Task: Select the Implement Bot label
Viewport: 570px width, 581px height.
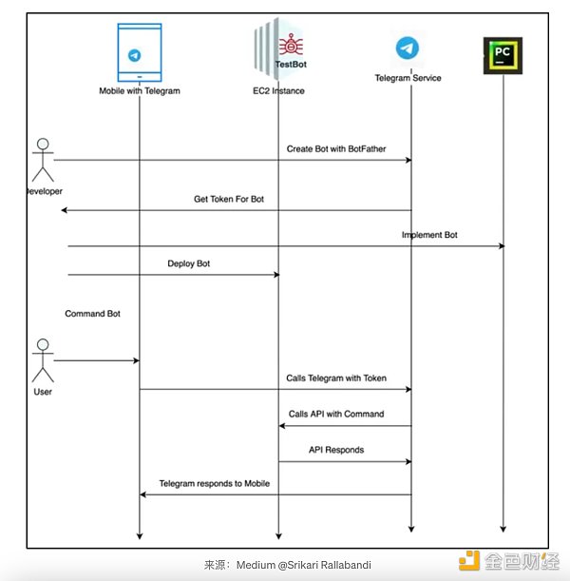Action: [429, 235]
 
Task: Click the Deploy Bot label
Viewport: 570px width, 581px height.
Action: [189, 263]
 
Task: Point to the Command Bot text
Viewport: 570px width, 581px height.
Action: [92, 313]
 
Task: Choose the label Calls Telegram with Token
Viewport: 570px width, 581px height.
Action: [336, 378]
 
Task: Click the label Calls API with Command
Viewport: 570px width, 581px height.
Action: [336, 415]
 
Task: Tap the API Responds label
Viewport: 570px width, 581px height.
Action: [336, 450]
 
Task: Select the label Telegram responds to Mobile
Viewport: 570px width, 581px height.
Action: [215, 484]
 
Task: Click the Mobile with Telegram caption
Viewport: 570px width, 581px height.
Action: [140, 91]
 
